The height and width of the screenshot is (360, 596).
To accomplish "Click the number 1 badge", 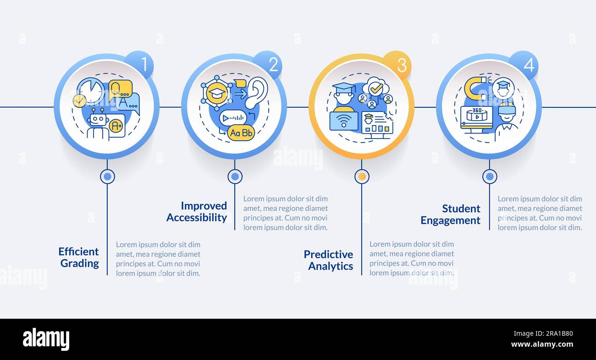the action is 140,65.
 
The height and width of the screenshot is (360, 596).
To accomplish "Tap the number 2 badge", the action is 268,65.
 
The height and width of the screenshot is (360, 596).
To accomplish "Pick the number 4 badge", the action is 524,65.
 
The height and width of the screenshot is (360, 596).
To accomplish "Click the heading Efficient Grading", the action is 79,257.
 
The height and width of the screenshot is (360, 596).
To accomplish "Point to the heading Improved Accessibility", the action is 197,212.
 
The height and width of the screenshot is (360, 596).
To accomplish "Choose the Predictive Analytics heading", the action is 328,260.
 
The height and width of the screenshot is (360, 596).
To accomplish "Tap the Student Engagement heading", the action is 451,215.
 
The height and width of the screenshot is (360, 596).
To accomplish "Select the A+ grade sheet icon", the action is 117,126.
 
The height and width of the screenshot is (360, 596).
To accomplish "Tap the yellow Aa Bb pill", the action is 241,133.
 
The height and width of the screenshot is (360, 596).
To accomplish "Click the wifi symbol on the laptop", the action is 344,120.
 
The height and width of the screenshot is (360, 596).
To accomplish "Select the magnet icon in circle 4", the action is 475,88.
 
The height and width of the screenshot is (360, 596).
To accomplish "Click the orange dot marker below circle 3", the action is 362,177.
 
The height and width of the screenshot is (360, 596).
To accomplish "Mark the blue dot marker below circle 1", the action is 107,177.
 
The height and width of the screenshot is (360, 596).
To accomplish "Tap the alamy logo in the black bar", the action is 46,339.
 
